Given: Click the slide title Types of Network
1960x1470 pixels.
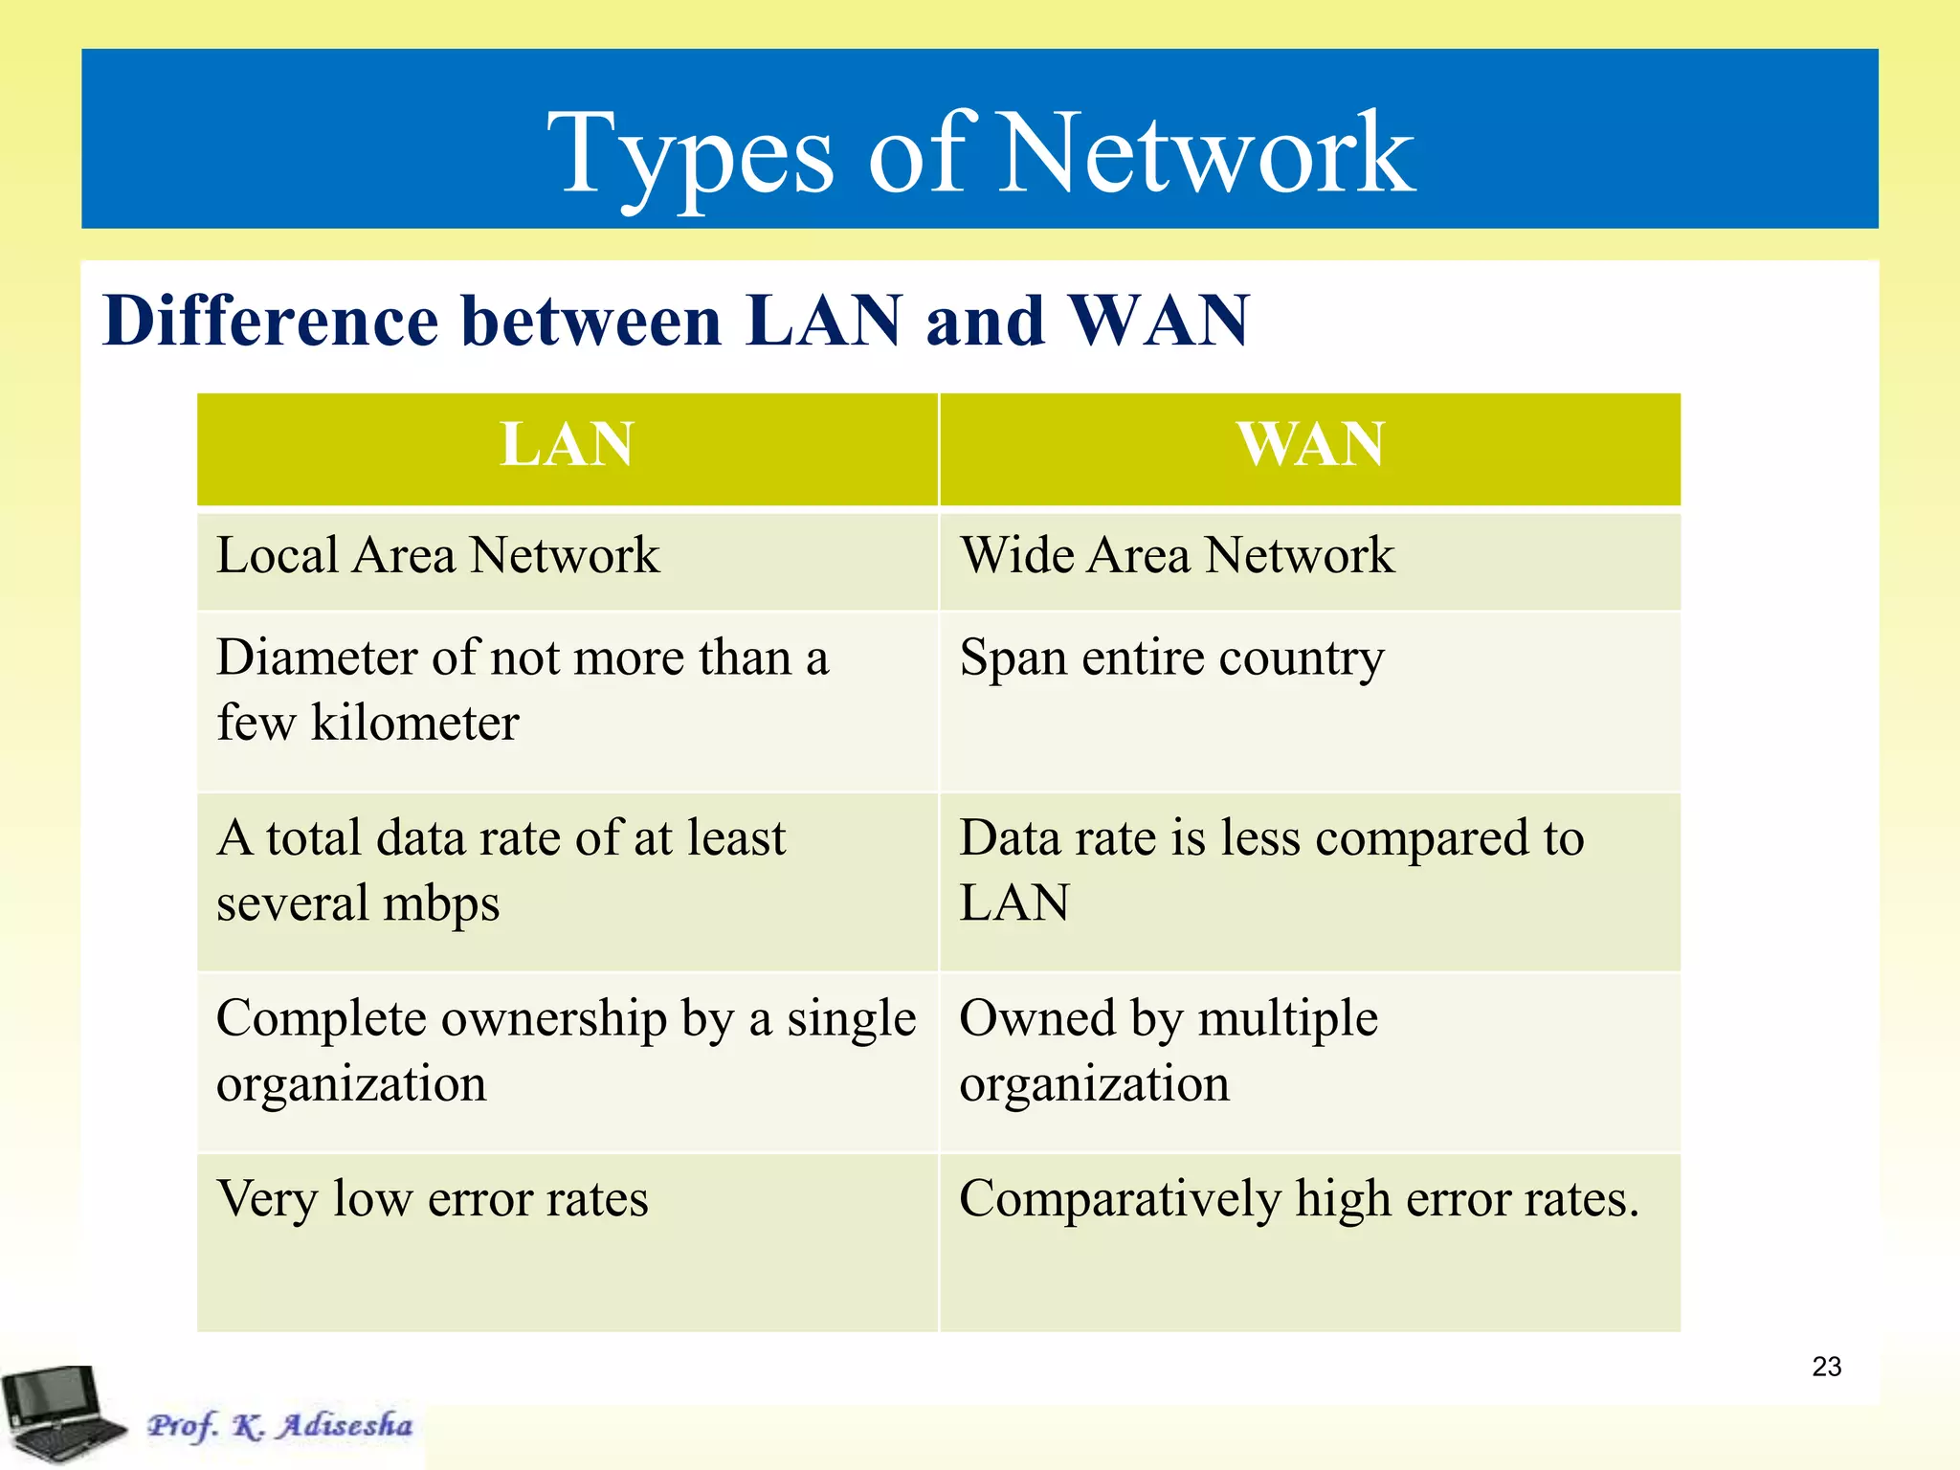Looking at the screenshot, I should tap(980, 153).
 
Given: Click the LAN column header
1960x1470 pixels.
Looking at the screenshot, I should tap(567, 445).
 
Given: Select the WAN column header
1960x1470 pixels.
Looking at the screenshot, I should tap(1310, 445).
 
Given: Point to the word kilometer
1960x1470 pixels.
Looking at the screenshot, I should tap(414, 724).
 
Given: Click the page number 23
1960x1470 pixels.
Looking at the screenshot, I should tap(1826, 1367).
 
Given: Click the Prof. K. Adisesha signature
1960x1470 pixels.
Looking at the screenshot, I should tap(279, 1425).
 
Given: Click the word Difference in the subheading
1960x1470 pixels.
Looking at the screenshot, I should tap(269, 321).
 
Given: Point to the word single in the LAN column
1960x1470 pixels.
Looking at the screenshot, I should tap(852, 1019).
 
